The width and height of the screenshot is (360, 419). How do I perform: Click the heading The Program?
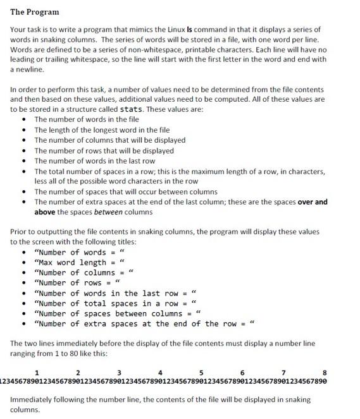(35, 12)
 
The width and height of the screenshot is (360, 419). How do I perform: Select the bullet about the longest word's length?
(102, 130)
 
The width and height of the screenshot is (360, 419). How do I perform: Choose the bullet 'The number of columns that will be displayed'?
(109, 140)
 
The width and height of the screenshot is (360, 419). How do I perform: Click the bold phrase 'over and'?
(313, 202)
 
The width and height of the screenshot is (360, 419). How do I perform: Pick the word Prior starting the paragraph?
(20, 232)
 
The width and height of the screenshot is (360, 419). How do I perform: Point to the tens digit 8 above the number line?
(325, 372)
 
